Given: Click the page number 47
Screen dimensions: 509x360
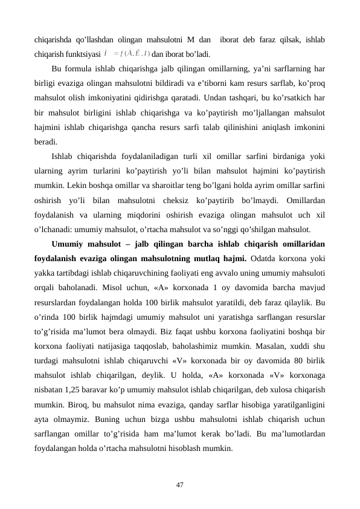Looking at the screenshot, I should pyautogui.click(x=180, y=484).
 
